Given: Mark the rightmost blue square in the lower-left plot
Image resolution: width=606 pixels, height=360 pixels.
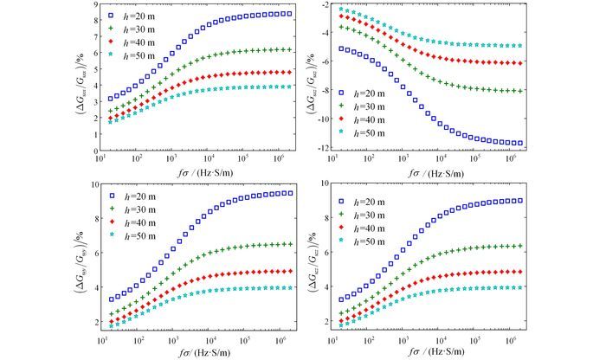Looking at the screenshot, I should point(288,192).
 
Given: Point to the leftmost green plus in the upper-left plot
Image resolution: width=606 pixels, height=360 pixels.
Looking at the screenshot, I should point(110,112).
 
